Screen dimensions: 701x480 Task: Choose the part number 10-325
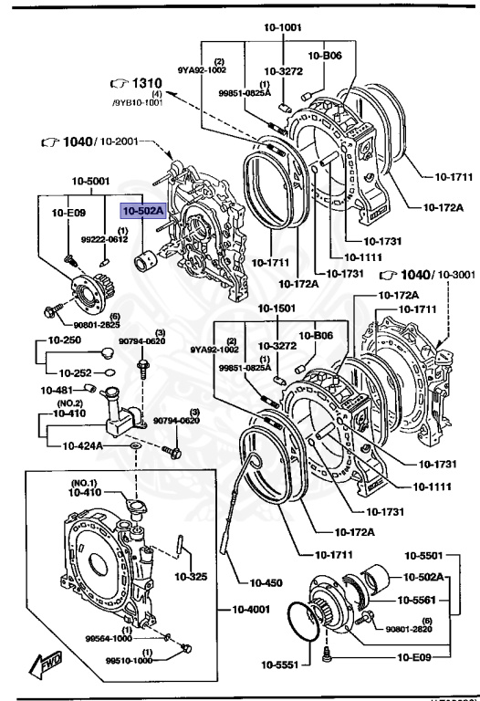coord(192,576)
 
